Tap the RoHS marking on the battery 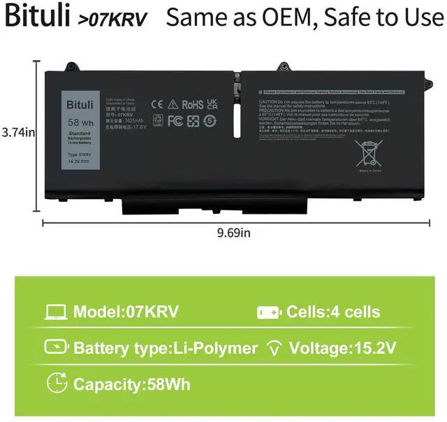pyautogui.click(x=192, y=105)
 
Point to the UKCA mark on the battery pyautogui.click(x=213, y=104)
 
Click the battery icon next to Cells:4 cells pyautogui.click(x=269, y=312)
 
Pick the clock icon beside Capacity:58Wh pyautogui.click(x=57, y=383)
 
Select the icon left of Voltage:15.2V pyautogui.click(x=272, y=348)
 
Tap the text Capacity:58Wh pyautogui.click(x=131, y=384)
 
